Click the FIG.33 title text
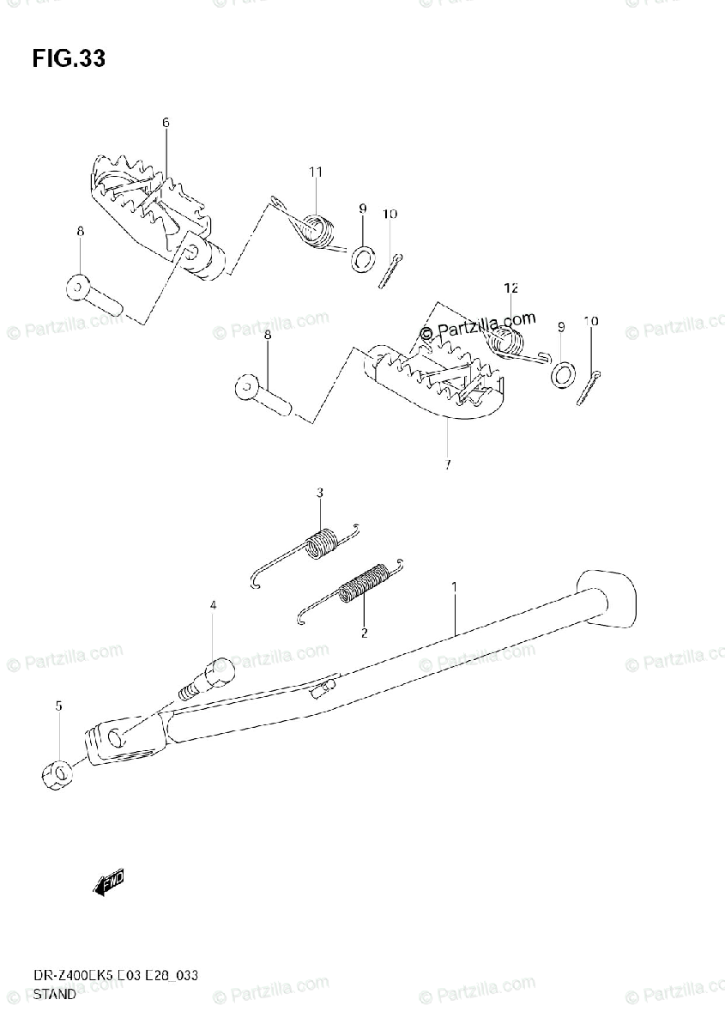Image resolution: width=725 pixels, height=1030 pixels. tap(69, 59)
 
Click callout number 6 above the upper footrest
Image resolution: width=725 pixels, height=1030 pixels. tap(166, 123)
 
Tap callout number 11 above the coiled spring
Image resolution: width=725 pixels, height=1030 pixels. tap(315, 173)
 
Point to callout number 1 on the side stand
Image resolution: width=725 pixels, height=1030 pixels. tap(455, 586)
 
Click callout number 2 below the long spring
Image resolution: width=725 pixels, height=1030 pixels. tap(364, 633)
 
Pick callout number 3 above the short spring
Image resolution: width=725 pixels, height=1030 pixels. tap(319, 493)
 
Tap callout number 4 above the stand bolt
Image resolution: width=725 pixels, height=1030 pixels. tap(213, 606)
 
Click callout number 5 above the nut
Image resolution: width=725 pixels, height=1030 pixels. tap(58, 706)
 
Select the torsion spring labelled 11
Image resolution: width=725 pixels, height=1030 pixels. tap(314, 229)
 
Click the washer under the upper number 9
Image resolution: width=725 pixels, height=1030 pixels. tap(363, 257)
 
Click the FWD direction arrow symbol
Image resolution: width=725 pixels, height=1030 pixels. tap(109, 883)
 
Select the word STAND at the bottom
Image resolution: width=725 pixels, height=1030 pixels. tap(53, 996)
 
